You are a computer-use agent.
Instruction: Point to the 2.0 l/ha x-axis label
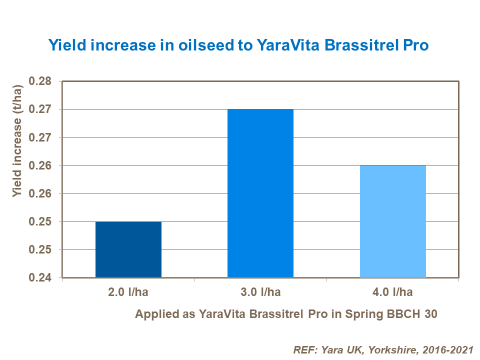pos(128,292)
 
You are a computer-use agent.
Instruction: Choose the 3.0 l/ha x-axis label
pos(260,292)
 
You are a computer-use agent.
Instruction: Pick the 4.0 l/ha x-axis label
pos(393,292)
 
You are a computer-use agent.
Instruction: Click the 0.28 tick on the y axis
pos(43,81)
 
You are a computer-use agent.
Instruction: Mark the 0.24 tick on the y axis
pos(43,277)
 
